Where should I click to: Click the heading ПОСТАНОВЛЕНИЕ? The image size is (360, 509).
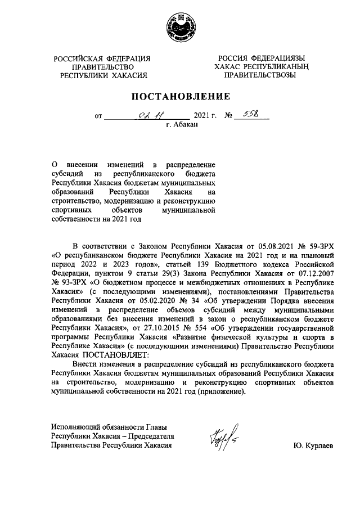coord(181,96)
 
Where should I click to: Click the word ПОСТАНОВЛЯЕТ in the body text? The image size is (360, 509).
coord(113,355)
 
